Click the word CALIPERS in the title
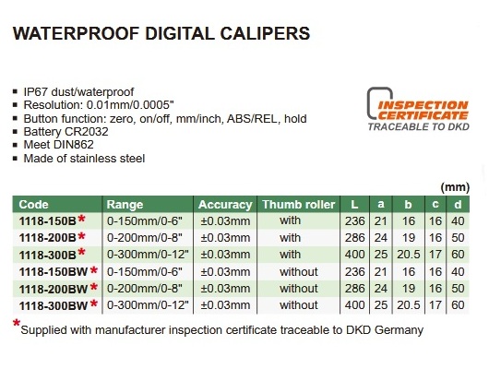265,33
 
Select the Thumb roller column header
298,205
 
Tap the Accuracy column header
225,205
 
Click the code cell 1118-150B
47,221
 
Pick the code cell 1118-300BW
53,305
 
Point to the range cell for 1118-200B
144,238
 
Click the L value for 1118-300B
354,255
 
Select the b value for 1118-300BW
408,305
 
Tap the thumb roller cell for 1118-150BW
298,272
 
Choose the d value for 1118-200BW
458,288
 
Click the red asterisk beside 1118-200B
81,236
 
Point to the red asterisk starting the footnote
17,323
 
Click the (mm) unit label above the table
455,187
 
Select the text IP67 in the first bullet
36,92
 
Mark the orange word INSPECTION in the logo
423,105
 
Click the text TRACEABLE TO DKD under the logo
419,126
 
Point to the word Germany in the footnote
399,330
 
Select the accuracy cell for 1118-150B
225,221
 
